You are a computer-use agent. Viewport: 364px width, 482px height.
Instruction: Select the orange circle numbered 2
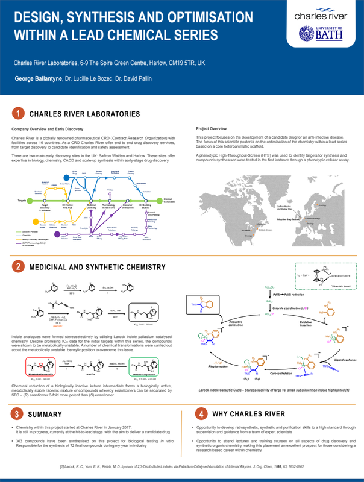19,266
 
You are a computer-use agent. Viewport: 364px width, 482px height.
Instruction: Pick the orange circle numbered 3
19,414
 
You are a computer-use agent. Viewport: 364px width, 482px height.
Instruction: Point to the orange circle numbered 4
201,414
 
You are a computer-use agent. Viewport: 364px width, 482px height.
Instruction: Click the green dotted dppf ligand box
319,275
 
